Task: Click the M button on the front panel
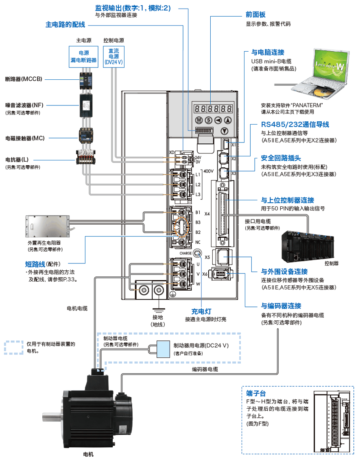click(199, 120)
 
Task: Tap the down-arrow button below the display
click(224, 131)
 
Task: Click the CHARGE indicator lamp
click(197, 254)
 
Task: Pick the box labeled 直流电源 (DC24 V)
click(114, 57)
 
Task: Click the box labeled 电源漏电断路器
click(83, 57)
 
